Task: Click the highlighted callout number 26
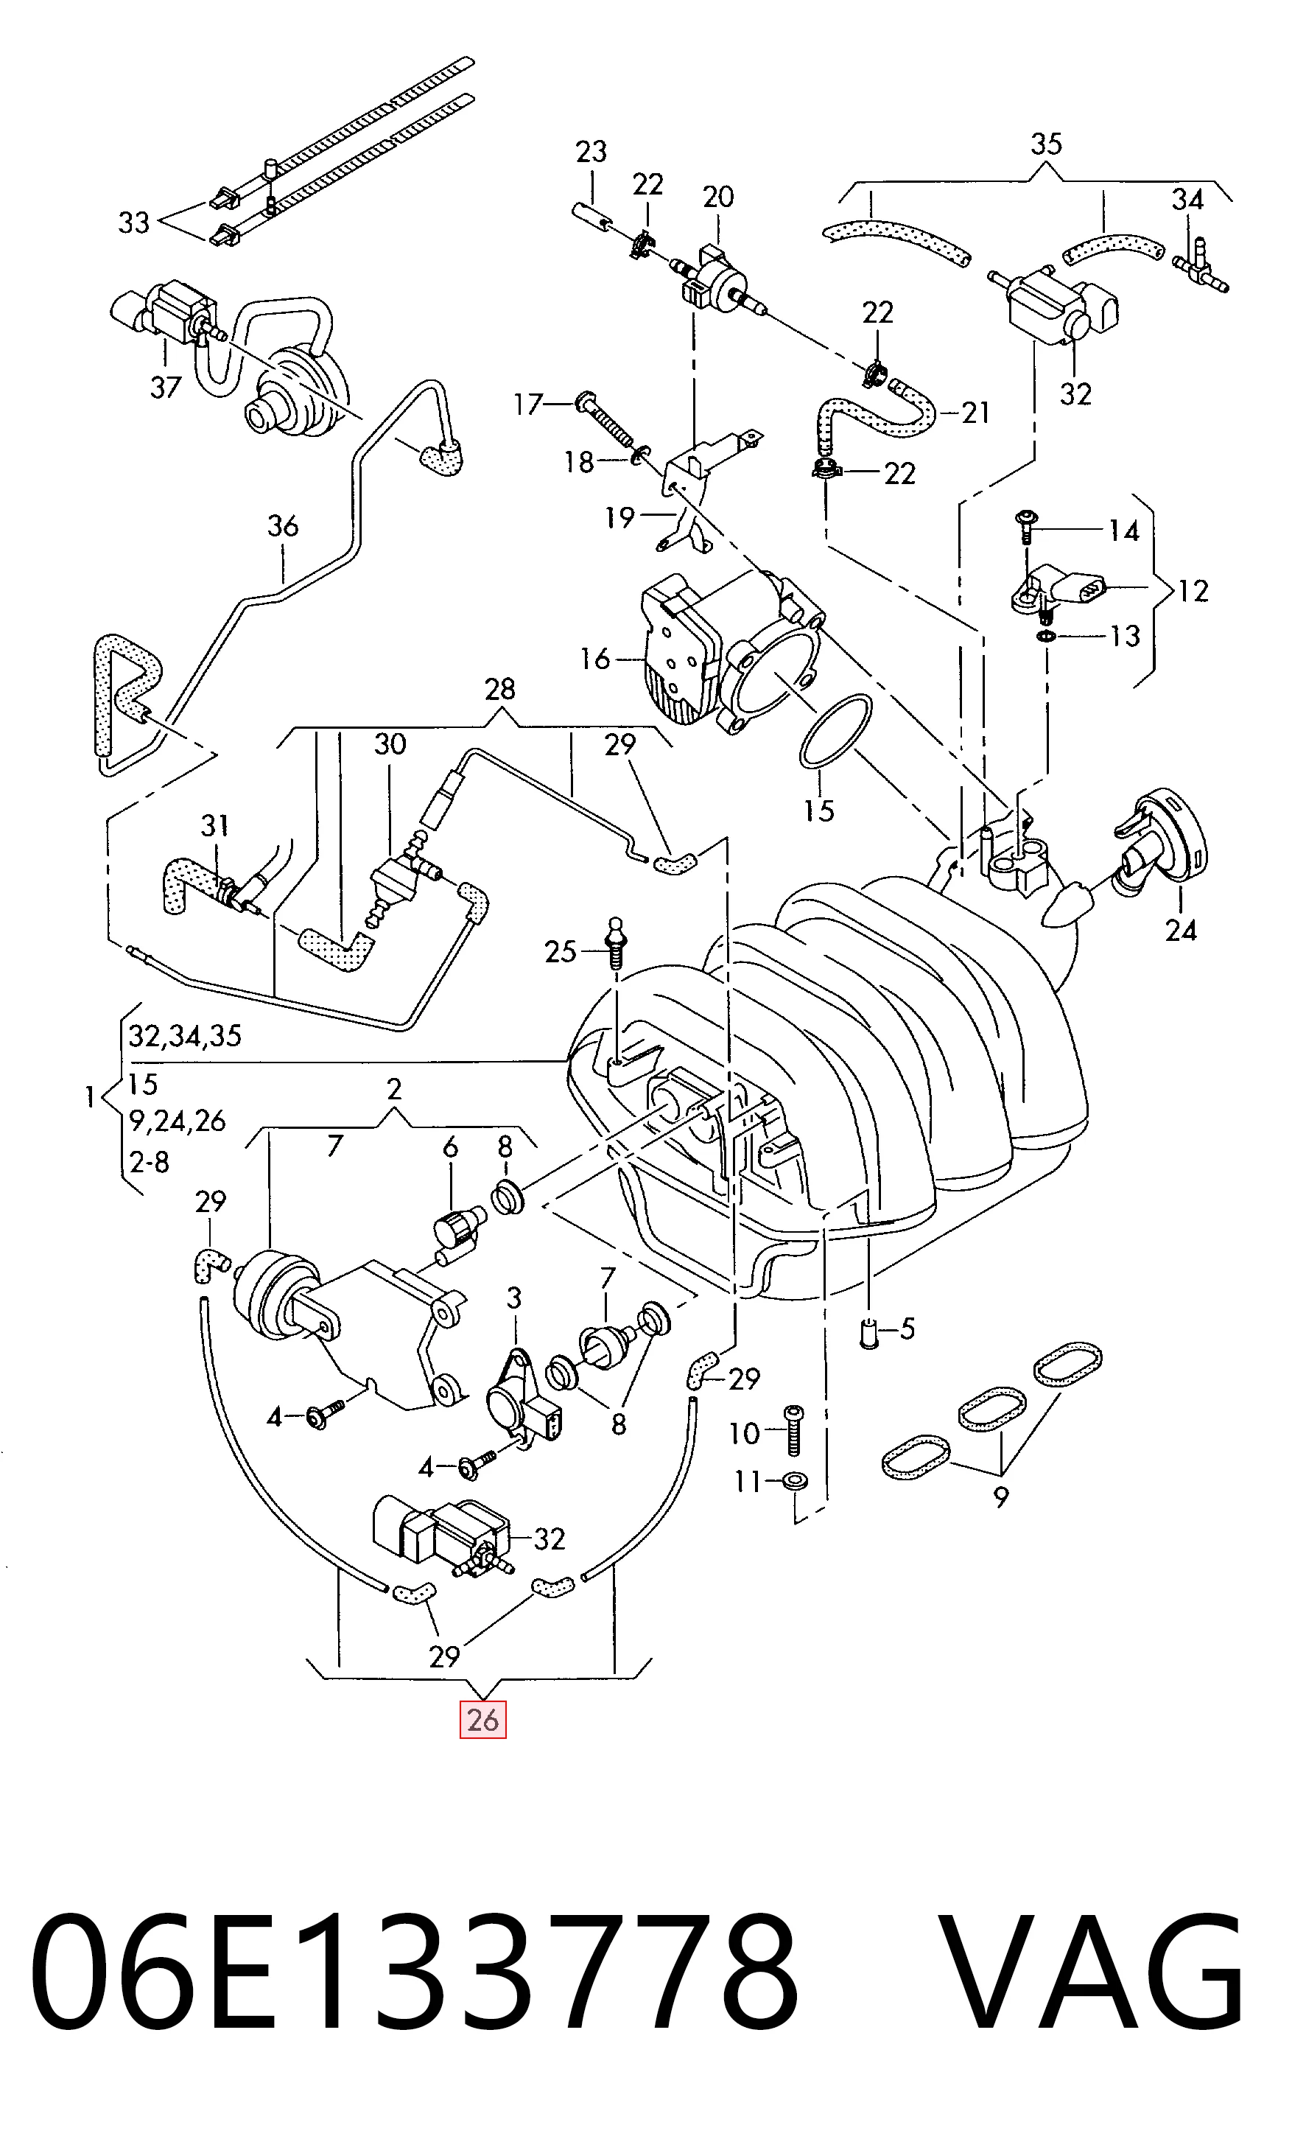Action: click(x=483, y=1720)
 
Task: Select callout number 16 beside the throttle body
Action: click(x=595, y=659)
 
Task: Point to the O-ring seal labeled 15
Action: click(x=835, y=732)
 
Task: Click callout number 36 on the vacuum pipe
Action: click(x=283, y=526)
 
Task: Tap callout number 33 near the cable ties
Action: click(x=134, y=223)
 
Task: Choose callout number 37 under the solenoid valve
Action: click(x=166, y=387)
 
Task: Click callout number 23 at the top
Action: click(x=591, y=152)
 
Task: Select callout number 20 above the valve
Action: click(x=718, y=197)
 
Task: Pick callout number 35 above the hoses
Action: click(x=1046, y=144)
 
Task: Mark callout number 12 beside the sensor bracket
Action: click(x=1193, y=591)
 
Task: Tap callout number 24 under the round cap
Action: click(x=1182, y=931)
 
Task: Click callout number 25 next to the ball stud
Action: click(x=561, y=951)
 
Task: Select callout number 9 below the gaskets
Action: click(x=1001, y=1497)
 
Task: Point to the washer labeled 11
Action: click(x=794, y=1480)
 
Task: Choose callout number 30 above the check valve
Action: click(x=390, y=744)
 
